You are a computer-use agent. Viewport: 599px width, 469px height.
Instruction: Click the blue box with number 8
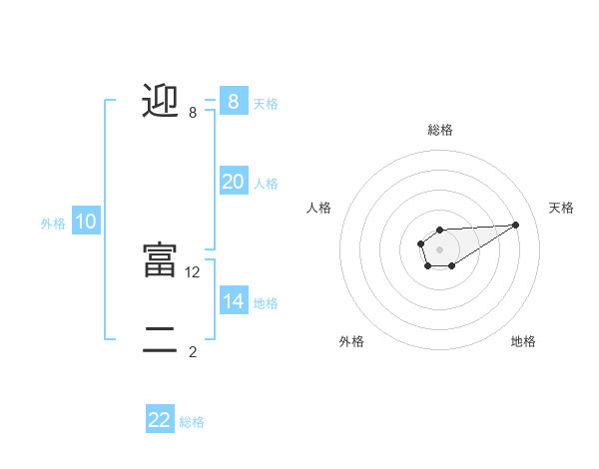[234, 101]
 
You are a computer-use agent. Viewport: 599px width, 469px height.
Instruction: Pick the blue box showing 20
[234, 182]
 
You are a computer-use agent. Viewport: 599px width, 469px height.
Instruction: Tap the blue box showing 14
[234, 301]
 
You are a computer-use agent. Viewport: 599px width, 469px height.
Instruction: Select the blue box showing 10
[86, 222]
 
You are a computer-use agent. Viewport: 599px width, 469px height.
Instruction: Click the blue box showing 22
[160, 420]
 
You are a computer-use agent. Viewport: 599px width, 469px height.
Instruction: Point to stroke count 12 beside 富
[194, 271]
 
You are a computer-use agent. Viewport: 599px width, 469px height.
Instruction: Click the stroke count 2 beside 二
[193, 351]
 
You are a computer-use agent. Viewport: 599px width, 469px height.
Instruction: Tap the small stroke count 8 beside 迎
[193, 113]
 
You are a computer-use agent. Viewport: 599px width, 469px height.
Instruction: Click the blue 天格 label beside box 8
[266, 103]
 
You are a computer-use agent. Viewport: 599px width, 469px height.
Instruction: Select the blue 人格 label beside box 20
[266, 184]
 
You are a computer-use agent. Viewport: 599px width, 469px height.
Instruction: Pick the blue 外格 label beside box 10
[53, 224]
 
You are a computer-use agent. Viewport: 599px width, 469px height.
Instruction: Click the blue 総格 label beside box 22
[192, 422]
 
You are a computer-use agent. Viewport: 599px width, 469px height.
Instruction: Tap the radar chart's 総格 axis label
[439, 130]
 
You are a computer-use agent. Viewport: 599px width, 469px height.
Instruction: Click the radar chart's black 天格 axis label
[561, 208]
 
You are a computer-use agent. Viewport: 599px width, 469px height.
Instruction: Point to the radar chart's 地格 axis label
[523, 341]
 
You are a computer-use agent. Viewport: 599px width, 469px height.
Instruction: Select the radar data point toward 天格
[516, 224]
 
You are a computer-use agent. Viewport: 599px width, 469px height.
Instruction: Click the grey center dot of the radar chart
[439, 248]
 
